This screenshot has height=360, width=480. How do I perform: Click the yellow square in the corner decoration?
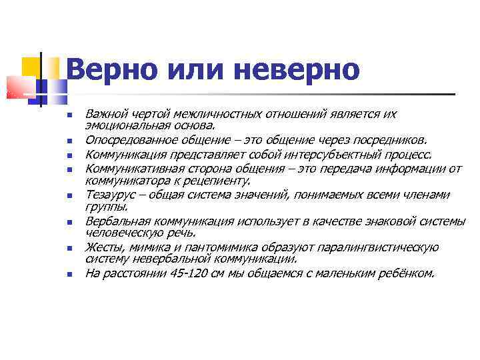coord(31,65)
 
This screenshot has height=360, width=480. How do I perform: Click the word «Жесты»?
coord(102,247)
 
